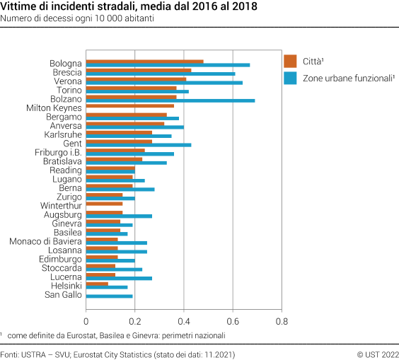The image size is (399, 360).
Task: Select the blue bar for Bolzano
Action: pos(170,100)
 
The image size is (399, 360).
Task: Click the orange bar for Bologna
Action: pos(144,62)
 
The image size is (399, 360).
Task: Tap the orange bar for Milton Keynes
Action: pos(129,105)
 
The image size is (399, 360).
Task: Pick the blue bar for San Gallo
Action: pos(109,296)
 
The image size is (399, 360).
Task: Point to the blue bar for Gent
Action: pos(138,144)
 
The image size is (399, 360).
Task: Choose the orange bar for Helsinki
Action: pos(97,283)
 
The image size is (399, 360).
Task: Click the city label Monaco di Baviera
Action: pos(45,240)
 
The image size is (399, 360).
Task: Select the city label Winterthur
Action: pos(61,205)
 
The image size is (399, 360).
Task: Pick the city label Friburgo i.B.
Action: pos(58,152)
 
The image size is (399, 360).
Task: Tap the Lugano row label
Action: pos(67,179)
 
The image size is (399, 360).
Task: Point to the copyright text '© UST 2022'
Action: pos(377,354)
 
